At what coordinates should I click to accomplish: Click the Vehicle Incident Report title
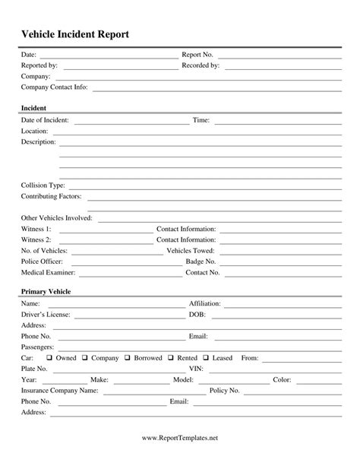pos(74,34)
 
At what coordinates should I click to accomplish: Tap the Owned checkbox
pos(49,357)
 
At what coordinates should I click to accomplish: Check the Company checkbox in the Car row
pos(86,357)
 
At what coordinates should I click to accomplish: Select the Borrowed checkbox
pos(128,357)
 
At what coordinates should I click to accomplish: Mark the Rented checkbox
pos(172,357)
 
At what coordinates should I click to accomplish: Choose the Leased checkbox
pos(207,357)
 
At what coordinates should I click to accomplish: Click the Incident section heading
pos(35,108)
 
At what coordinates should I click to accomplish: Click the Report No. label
pos(197,55)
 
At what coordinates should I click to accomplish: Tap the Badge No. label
pos(201,261)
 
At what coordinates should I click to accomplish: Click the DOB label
pos(196,314)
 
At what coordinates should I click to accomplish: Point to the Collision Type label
pos(43,185)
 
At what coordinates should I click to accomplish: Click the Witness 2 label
pos(36,239)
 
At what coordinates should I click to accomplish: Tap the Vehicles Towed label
pos(190,250)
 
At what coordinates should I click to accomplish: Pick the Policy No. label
pos(224,390)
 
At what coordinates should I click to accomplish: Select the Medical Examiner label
pos(49,271)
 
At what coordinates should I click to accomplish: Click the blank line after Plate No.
pos(114,370)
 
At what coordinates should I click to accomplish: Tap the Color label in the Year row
pos(282,379)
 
